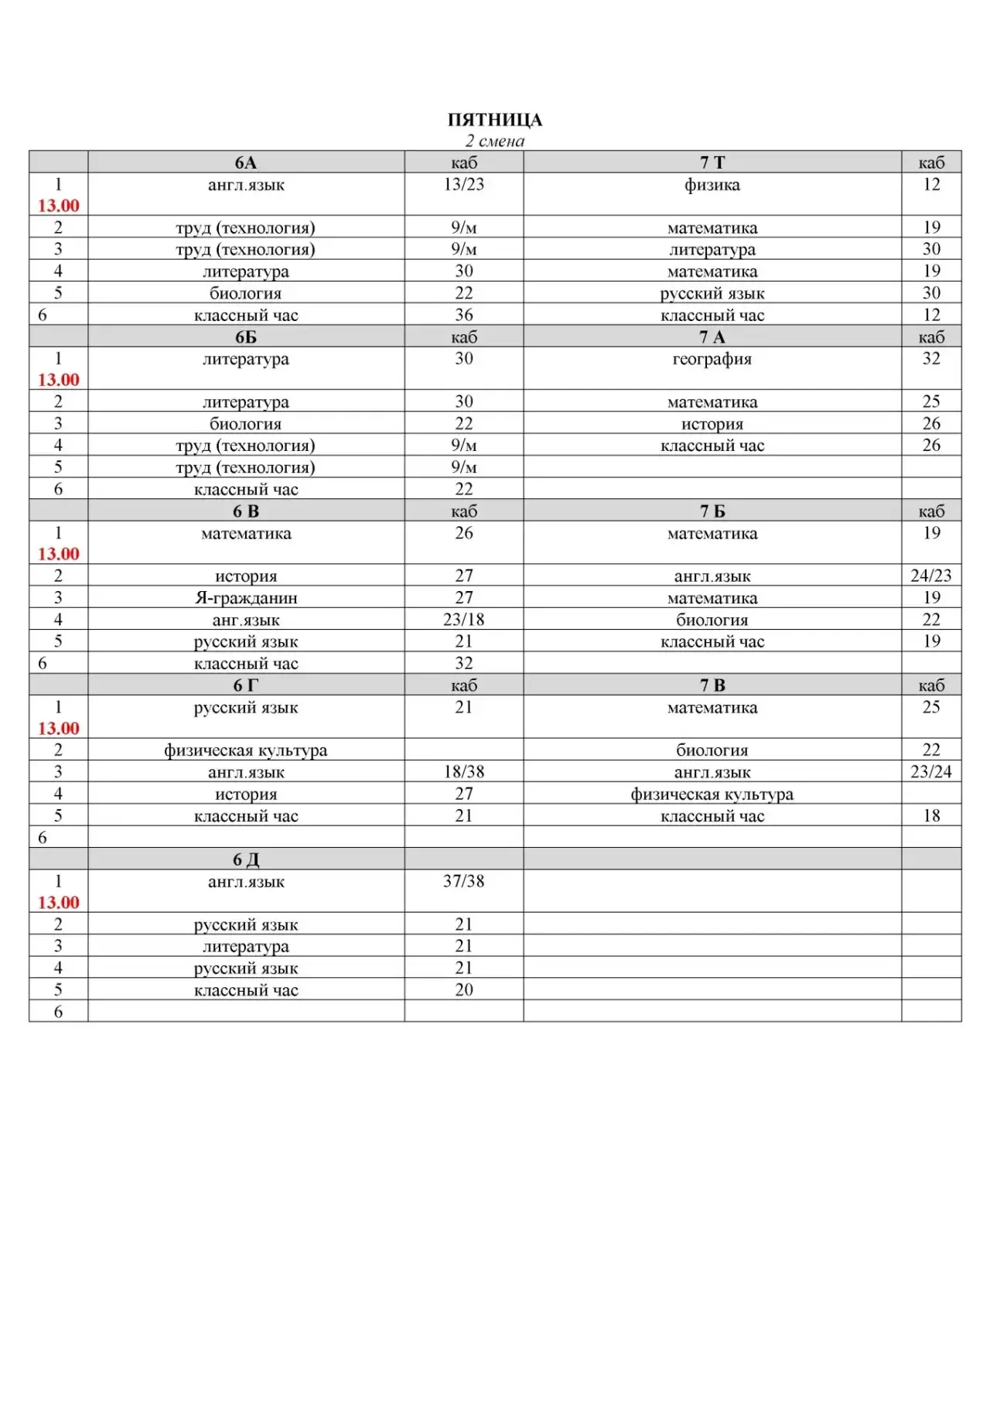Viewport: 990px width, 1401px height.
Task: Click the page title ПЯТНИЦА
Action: click(495, 120)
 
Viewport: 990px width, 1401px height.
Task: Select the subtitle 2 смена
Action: click(495, 141)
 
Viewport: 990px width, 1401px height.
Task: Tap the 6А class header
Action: click(246, 162)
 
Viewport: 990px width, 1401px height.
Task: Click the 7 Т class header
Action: click(712, 162)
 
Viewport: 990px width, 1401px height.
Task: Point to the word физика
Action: click(712, 185)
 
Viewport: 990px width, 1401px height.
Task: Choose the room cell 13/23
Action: click(464, 185)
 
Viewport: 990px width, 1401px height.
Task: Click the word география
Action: click(712, 359)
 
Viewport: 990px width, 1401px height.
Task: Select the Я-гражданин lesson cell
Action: click(246, 598)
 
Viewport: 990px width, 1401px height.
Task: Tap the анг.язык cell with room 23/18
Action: click(246, 620)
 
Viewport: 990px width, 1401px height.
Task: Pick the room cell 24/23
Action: click(931, 576)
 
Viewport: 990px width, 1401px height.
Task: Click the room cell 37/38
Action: click(464, 881)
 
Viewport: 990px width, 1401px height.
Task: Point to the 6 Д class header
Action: click(246, 859)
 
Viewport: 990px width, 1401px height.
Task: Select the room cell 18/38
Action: click(464, 772)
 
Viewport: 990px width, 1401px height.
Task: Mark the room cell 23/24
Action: click(931, 772)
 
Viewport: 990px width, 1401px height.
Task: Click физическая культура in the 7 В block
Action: click(712, 794)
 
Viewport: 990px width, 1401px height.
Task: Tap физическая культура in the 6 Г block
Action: click(246, 750)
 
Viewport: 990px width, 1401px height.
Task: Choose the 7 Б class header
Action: click(712, 511)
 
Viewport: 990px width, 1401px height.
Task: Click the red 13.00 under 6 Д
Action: click(59, 903)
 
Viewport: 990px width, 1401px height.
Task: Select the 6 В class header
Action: click(246, 511)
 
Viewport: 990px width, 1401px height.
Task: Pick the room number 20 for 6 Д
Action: click(464, 990)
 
